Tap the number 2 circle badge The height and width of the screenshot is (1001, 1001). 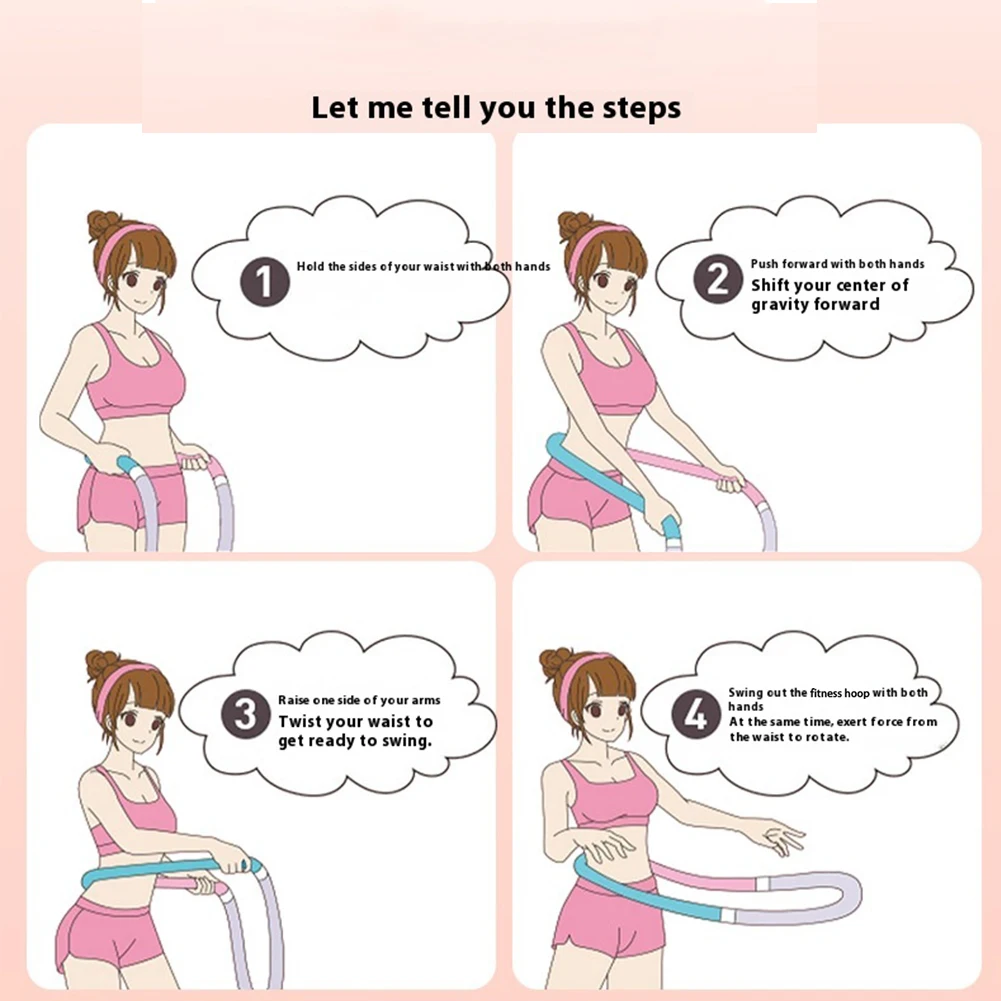point(718,280)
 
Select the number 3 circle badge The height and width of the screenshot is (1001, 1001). point(247,716)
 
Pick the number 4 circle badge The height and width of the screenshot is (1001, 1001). point(696,716)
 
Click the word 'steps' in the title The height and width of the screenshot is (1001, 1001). point(633,108)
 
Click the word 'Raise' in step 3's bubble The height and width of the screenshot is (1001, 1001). point(297,700)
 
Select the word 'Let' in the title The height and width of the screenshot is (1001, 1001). point(333,108)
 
